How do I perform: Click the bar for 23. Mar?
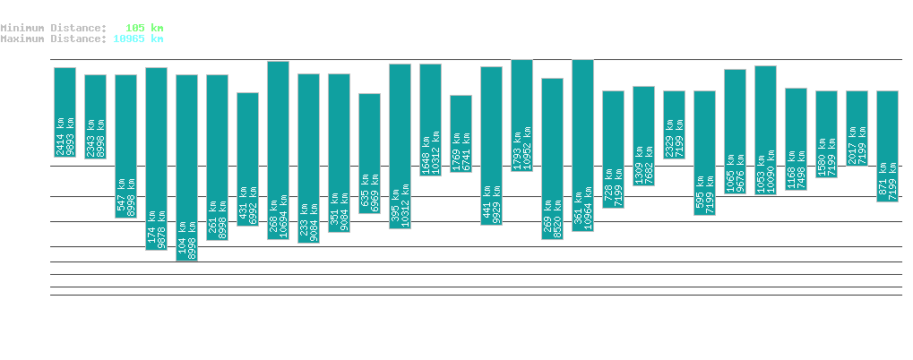186,167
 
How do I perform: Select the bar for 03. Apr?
521,115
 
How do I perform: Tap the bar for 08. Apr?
674,124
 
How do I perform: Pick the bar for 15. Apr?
887,146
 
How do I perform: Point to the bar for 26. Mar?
278,150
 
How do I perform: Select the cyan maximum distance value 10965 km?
138,39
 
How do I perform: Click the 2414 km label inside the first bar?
60,136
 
